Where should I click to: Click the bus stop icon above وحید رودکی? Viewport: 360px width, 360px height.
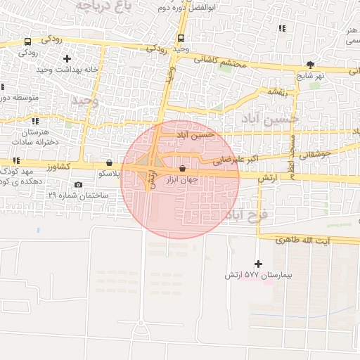click(x=181, y=39)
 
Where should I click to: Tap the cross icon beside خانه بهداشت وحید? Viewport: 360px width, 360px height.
click(x=67, y=58)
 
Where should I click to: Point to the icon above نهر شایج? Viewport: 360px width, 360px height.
click(x=311, y=65)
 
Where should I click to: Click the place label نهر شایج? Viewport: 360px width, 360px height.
click(x=311, y=76)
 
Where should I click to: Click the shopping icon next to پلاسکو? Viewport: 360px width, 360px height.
click(x=108, y=162)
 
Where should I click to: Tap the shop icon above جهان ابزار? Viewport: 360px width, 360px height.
click(x=183, y=169)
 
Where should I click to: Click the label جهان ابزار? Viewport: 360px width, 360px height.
click(x=182, y=180)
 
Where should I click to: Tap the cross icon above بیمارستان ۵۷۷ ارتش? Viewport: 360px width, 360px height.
click(x=258, y=264)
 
